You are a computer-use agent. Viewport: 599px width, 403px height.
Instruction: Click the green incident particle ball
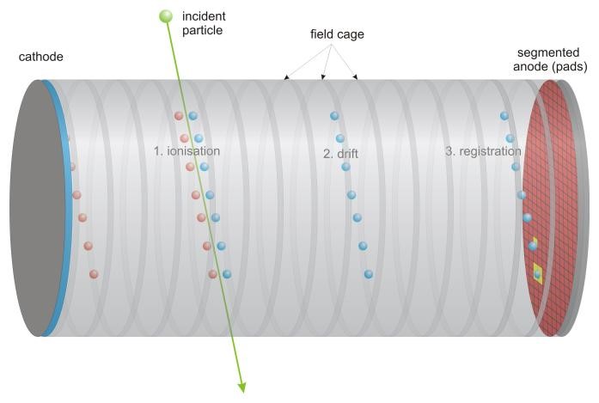coord(166,16)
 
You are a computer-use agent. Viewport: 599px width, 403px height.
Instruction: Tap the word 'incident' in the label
coord(204,16)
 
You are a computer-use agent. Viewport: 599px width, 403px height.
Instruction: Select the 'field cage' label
coord(337,34)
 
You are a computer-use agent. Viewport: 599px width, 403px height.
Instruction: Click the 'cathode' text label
coord(41,57)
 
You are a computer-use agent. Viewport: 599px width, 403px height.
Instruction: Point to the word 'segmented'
coord(548,52)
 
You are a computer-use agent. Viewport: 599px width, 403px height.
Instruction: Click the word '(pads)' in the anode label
coord(568,66)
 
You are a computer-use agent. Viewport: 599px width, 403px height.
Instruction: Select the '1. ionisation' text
coord(186,151)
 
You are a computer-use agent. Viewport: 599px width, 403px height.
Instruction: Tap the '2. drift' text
coord(340,154)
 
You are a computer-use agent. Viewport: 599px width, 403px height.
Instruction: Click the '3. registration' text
coord(483,151)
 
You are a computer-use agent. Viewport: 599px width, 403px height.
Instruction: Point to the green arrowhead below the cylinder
coord(242,387)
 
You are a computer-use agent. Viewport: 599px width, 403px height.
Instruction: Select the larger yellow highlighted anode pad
coord(538,273)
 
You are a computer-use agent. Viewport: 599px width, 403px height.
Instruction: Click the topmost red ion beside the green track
coord(179,116)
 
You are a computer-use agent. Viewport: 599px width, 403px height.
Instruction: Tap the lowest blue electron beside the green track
coord(227,274)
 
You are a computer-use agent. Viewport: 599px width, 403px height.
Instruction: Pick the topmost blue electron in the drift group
coord(334,116)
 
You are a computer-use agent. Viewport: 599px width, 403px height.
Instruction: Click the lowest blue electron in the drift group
coord(369,274)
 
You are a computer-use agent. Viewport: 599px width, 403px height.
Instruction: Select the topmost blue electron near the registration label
coord(504,116)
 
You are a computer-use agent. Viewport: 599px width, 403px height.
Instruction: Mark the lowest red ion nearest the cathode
coord(94,274)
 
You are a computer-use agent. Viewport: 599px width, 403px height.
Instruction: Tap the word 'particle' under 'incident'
coord(203,30)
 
